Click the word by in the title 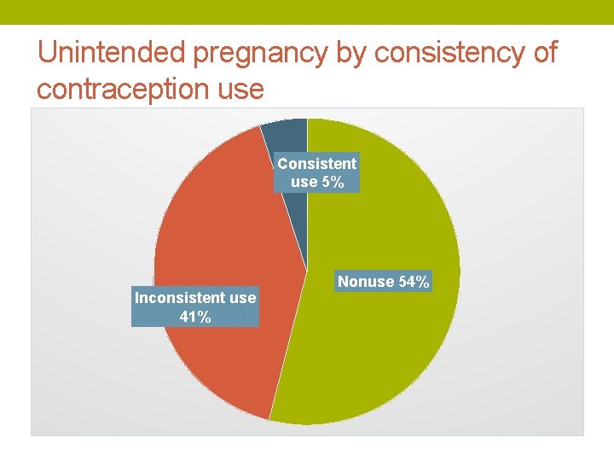coord(351,53)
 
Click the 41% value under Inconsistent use coord(195,317)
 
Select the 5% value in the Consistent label coord(333,181)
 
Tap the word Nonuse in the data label coord(366,282)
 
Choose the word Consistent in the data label coord(317,163)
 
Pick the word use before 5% coord(304,181)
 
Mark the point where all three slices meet coord(307,271)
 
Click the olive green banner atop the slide coord(307,12)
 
